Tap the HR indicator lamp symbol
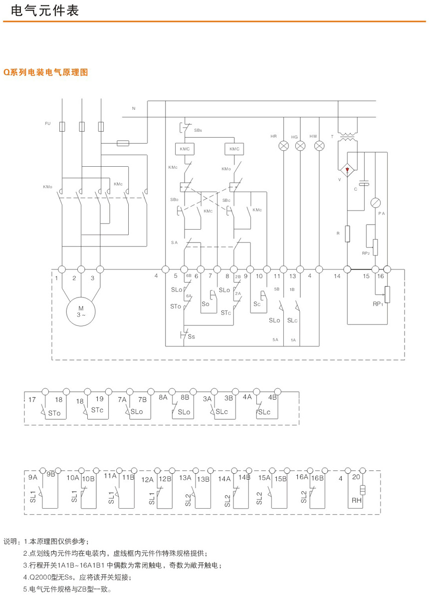(x=283, y=146)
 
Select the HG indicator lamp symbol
(x=300, y=146)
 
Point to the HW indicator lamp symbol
(x=319, y=146)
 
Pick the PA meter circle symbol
(x=375, y=202)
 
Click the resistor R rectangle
(x=347, y=234)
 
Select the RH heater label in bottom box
(x=356, y=501)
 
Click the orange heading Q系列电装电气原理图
(x=46, y=72)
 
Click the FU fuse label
(x=48, y=123)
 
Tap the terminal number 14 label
(x=337, y=276)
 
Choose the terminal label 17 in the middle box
(x=32, y=399)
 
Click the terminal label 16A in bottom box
(x=302, y=477)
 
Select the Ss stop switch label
(x=191, y=336)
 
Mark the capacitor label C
(x=355, y=189)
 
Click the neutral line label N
(x=133, y=108)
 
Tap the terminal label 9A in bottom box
(x=33, y=477)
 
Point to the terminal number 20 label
(x=356, y=477)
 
